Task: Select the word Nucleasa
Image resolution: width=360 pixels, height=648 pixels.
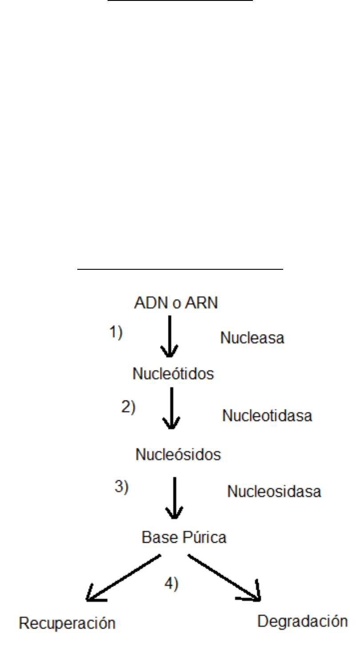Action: (252, 338)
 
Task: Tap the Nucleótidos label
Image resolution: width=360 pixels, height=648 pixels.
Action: (173, 374)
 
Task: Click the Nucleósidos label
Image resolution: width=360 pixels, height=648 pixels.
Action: (178, 455)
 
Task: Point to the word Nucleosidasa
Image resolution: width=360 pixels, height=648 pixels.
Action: (274, 492)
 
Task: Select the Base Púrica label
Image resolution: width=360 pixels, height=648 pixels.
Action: (184, 537)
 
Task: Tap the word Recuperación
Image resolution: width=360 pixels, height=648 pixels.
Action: (68, 623)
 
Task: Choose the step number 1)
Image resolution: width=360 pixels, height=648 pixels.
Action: (116, 333)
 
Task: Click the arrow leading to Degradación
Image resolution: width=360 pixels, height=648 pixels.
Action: (224, 577)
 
